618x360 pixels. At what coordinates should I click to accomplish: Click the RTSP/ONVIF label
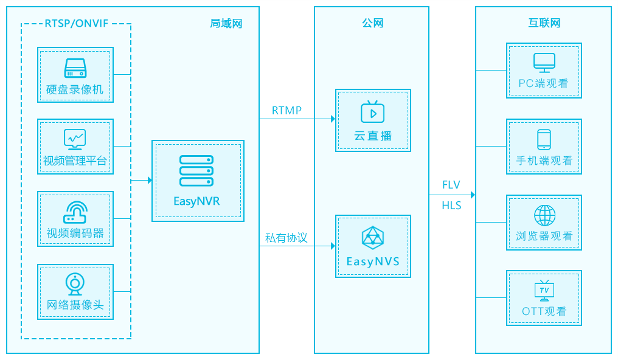tap(76, 24)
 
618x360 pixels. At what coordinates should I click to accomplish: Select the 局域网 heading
tap(226, 24)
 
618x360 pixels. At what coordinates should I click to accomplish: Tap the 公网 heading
tap(372, 24)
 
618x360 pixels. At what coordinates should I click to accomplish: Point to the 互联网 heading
tap(544, 24)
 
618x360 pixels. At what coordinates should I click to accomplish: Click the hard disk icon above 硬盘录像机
tap(75, 67)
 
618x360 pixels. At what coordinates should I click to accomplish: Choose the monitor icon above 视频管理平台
tap(75, 139)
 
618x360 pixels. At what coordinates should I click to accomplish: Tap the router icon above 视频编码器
tap(75, 212)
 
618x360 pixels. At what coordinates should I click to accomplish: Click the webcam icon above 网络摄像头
tap(75, 283)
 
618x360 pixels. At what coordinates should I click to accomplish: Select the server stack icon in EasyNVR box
tap(196, 171)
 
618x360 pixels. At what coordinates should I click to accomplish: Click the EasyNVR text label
tap(196, 201)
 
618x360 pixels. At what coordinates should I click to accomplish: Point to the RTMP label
tap(286, 111)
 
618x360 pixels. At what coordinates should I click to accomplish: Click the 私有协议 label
tap(286, 238)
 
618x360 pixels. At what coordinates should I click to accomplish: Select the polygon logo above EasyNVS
tap(372, 238)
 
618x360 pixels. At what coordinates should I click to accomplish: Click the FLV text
tap(451, 185)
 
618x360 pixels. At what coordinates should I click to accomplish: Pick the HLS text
tap(451, 206)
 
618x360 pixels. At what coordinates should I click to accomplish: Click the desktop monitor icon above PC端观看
tap(544, 63)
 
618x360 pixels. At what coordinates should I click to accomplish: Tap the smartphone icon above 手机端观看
tap(544, 139)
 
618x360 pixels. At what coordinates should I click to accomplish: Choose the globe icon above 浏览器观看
tap(544, 215)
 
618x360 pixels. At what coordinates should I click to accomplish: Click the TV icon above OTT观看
tap(544, 291)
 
